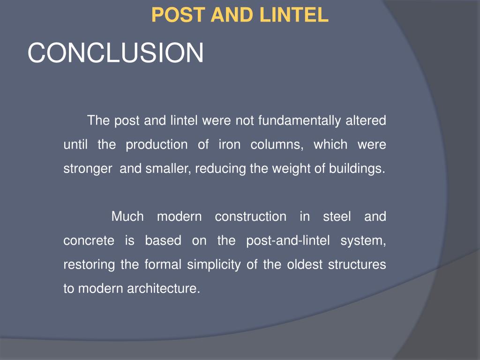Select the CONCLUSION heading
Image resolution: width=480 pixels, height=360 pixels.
[116, 52]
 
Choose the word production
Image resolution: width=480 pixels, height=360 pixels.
[157, 145]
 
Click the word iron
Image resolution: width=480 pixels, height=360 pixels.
[229, 145]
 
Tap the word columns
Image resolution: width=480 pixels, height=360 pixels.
[277, 145]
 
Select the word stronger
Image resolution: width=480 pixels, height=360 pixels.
[88, 169]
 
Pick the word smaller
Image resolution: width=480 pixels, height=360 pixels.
[167, 169]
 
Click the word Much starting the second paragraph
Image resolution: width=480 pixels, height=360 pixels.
[127, 217]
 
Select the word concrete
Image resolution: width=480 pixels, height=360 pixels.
[89, 241]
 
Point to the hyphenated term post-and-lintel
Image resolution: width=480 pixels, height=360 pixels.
[287, 241]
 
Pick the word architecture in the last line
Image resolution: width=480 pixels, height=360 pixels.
[164, 289]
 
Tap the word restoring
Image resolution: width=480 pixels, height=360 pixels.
[89, 265]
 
